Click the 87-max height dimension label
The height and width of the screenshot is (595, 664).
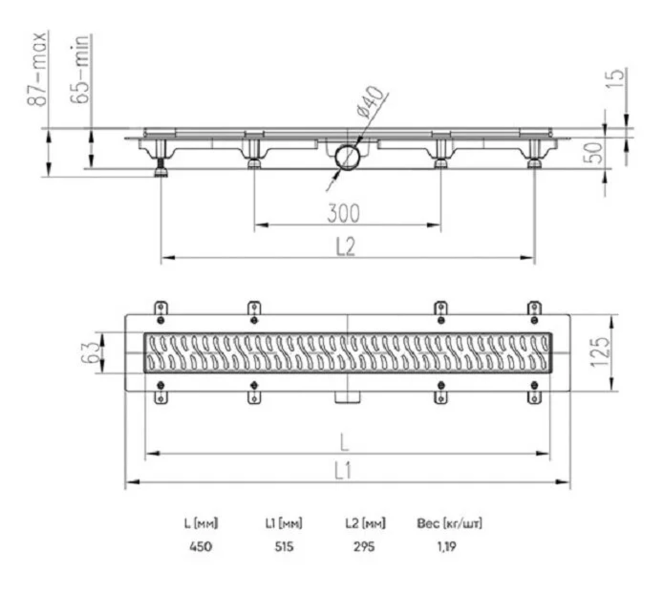click(x=37, y=68)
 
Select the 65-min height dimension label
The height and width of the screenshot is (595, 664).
click(x=80, y=68)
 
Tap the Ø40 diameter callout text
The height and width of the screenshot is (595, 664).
click(x=370, y=102)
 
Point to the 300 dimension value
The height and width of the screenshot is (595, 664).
click(x=343, y=213)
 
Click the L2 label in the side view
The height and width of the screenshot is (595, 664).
click(x=345, y=246)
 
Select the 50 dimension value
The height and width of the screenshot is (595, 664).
click(x=593, y=153)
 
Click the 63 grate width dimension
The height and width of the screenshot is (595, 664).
click(x=90, y=353)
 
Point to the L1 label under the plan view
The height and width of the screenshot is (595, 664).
click(x=343, y=471)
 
